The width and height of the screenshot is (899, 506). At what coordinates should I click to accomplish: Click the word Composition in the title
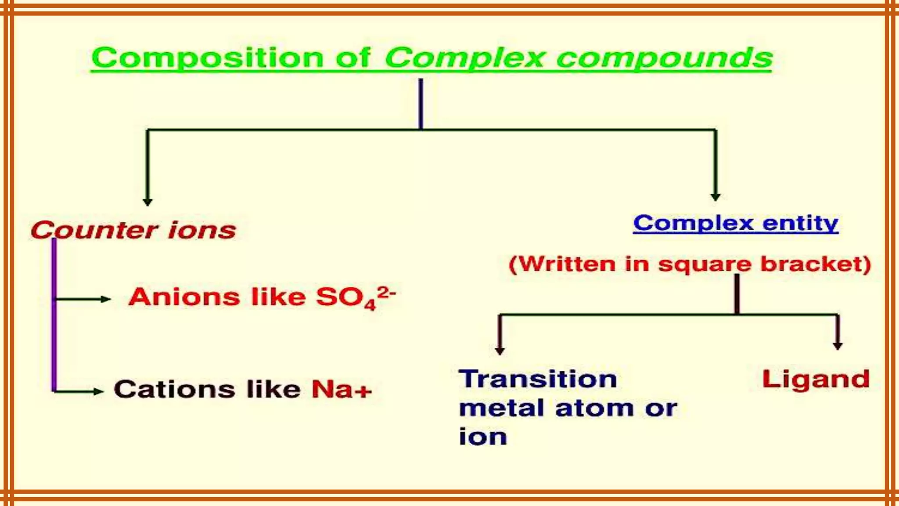coord(207,58)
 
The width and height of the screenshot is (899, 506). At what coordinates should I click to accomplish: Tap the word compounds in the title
coord(664,58)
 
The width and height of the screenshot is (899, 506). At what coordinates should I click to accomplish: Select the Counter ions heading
coord(133,230)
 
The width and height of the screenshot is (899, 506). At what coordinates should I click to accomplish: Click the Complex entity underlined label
coord(735,223)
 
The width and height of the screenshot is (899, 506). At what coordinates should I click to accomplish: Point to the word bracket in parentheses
coord(815,264)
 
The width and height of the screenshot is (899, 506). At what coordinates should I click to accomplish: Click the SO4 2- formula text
coord(355,297)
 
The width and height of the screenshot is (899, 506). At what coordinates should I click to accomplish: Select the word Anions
coord(184,297)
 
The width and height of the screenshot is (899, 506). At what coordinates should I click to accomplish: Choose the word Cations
coord(174,389)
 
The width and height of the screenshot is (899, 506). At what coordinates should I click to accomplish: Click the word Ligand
coord(816,379)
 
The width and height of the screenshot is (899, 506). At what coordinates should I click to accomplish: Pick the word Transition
coord(538,379)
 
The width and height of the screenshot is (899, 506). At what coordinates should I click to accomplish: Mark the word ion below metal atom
coord(483,437)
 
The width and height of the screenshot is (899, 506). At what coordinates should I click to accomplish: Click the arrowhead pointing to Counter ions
coord(147,202)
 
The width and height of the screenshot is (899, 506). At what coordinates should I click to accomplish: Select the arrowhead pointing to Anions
coord(105,299)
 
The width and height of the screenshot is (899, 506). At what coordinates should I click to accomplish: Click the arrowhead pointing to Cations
coord(98,391)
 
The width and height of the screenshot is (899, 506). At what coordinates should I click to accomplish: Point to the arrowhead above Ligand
coord(838,346)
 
